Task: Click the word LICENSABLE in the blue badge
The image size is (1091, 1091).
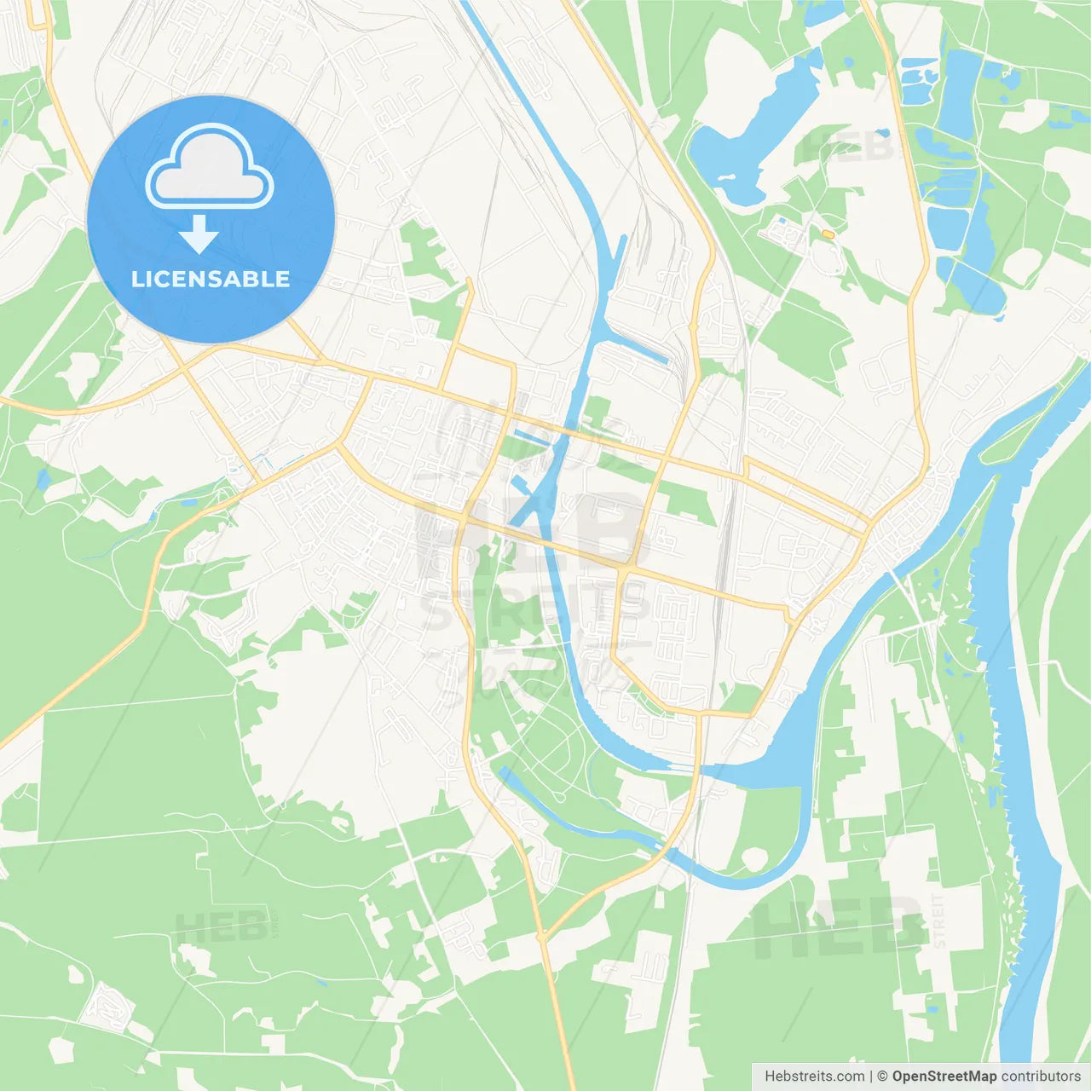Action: point(211,279)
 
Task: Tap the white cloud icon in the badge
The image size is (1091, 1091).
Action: point(210,168)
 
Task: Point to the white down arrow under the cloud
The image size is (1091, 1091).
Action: point(199,235)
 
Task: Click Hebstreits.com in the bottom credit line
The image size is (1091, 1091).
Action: point(814,1077)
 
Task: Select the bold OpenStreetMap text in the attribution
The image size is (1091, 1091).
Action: point(944,1077)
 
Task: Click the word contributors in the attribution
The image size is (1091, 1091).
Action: point(1041,1077)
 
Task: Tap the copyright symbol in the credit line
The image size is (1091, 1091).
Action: point(882,1077)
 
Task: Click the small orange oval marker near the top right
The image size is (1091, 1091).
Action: point(828,233)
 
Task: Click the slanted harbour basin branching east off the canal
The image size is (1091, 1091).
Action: point(635,349)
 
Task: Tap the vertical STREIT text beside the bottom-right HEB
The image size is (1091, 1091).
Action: point(938,921)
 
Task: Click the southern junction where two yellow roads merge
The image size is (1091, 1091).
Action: point(541,936)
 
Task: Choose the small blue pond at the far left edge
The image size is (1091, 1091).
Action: point(43,479)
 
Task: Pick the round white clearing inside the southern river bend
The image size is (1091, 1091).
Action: point(753,860)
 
